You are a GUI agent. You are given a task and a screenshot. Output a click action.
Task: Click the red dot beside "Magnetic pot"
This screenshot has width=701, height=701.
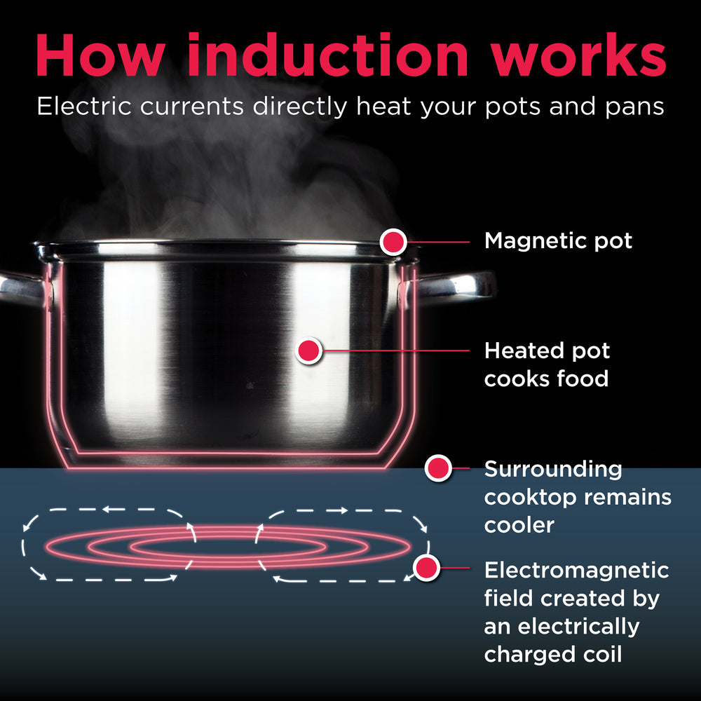393,242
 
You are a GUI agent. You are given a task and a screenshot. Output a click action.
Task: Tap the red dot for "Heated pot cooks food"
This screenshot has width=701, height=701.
308,350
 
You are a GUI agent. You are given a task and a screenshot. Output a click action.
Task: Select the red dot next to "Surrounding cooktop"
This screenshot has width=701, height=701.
438,468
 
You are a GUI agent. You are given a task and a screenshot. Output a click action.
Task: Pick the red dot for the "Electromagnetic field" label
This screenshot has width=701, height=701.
426,567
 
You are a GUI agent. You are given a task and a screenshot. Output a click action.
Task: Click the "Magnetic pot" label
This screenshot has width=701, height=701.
558,242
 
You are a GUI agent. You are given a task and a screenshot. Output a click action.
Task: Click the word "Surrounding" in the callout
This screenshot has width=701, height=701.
553,469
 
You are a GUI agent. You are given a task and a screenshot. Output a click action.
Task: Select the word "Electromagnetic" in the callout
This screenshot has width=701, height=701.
576,571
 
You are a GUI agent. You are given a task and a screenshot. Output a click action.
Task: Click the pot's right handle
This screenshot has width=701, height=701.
456,284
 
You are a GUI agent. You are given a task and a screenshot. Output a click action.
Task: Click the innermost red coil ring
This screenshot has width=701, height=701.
228,545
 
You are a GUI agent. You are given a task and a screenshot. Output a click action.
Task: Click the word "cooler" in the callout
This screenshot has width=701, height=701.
519,525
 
